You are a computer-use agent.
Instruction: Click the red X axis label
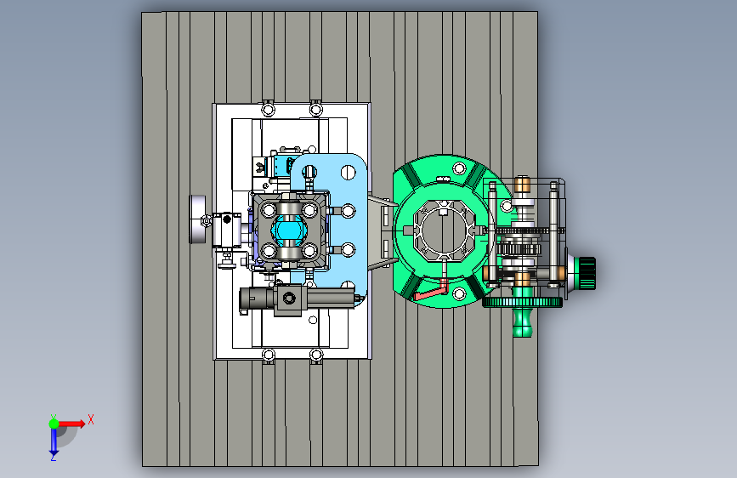click(91, 419)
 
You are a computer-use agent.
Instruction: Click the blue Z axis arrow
click(54, 441)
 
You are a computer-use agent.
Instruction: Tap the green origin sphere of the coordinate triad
click(54, 424)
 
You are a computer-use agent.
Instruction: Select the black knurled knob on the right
click(587, 272)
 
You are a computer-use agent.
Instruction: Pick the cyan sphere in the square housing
click(290, 230)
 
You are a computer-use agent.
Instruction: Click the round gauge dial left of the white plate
click(197, 219)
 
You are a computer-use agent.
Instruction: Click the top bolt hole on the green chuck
click(459, 168)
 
